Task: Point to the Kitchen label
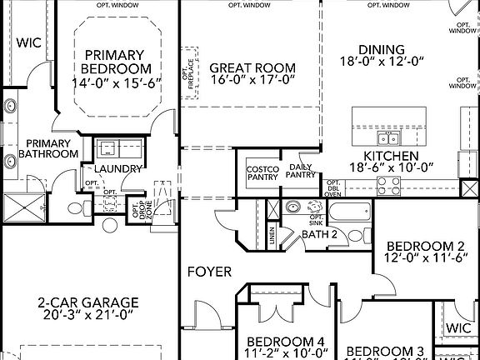[x=390, y=156]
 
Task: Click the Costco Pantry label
[x=262, y=172]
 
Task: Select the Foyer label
[x=209, y=272]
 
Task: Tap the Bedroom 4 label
[x=286, y=342]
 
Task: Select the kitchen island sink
[x=388, y=137]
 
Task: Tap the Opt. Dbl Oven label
[x=332, y=188]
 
